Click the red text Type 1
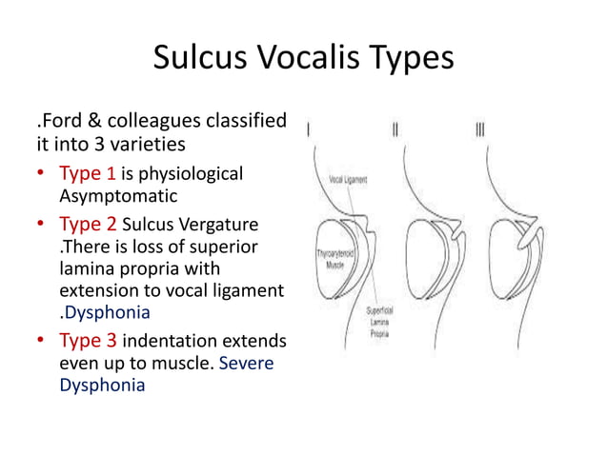click(x=87, y=174)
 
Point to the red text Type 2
click(x=87, y=225)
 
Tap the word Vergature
click(x=220, y=225)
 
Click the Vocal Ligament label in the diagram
click(x=350, y=179)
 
